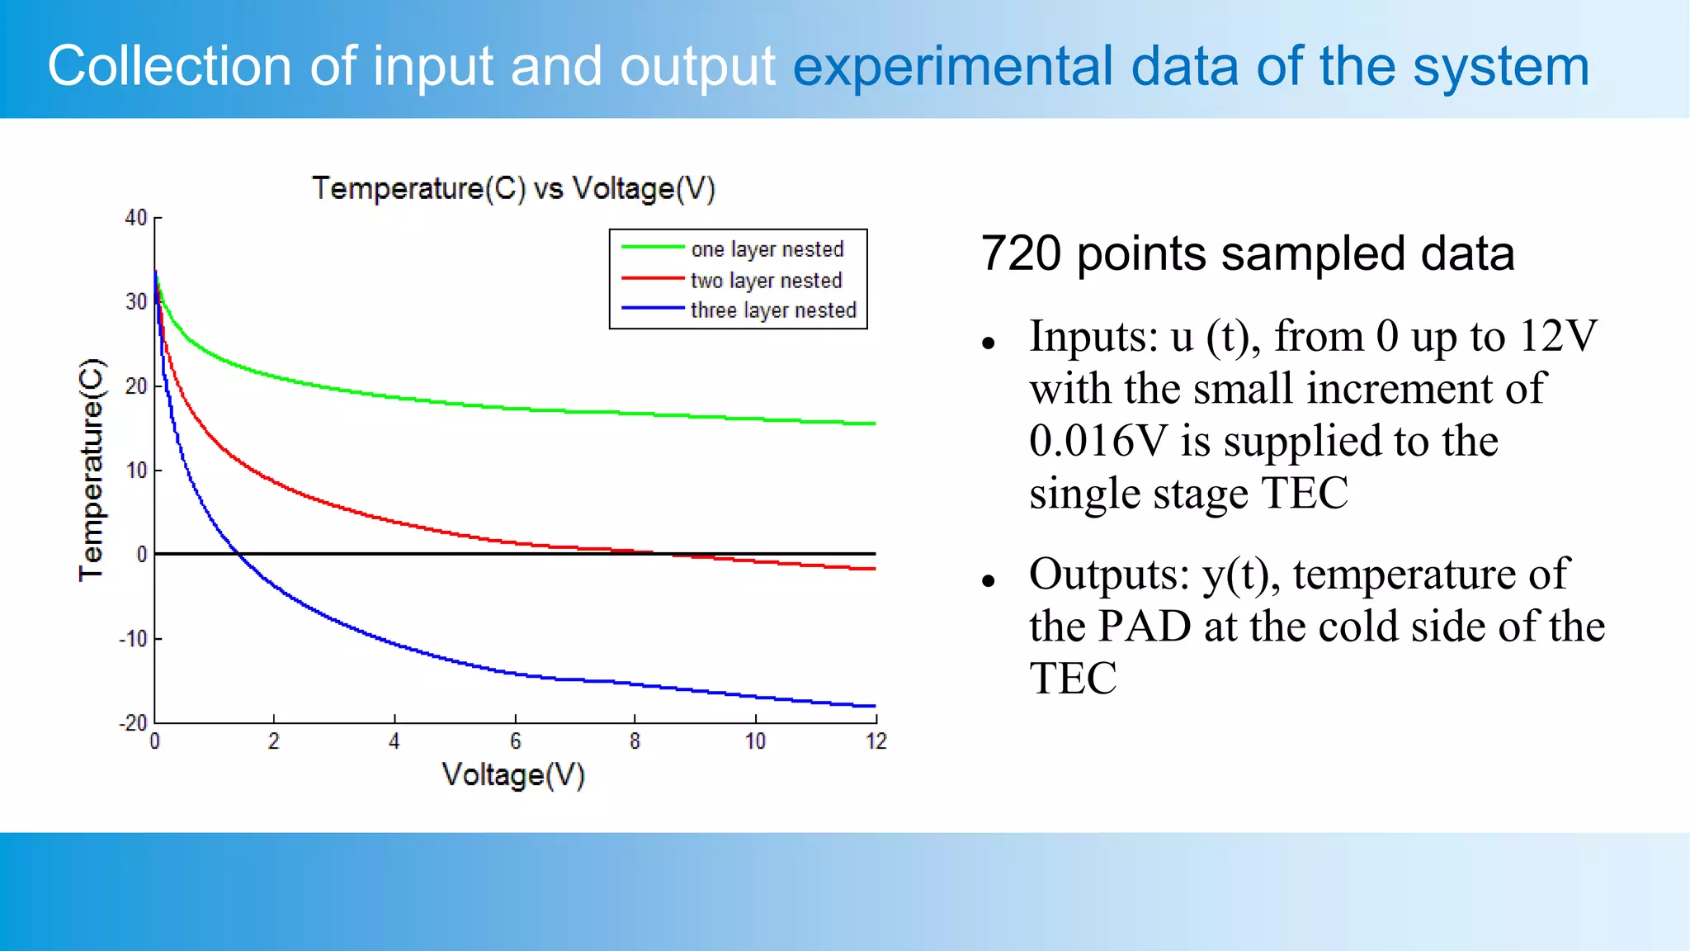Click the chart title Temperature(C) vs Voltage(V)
pyautogui.click(x=513, y=189)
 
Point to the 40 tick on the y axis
pyautogui.click(x=136, y=218)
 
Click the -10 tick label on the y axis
pyautogui.click(x=133, y=639)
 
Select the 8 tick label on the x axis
pyautogui.click(x=635, y=741)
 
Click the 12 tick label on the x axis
pyautogui.click(x=876, y=741)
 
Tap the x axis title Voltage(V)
pyautogui.click(x=513, y=775)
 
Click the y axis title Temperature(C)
pyautogui.click(x=92, y=470)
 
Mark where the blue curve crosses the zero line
pyautogui.click(x=238, y=554)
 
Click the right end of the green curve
pyautogui.click(x=874, y=423)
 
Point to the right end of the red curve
pyautogui.click(x=874, y=569)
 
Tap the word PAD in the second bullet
pyautogui.click(x=1145, y=627)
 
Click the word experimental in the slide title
pyautogui.click(x=952, y=66)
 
